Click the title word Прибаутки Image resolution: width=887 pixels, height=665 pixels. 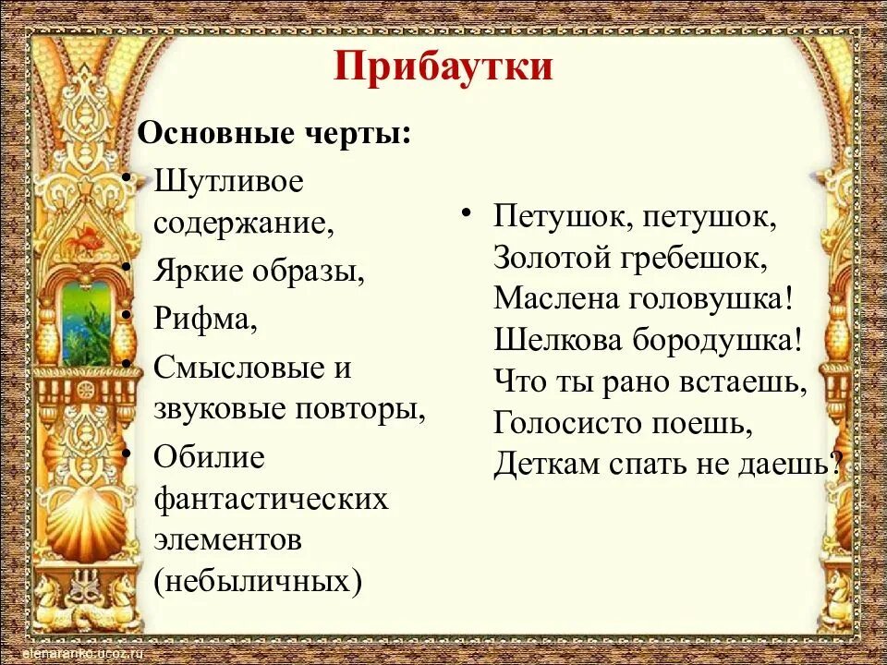(443, 67)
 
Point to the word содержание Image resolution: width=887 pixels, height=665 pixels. (243, 223)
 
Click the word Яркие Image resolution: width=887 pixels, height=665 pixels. (197, 271)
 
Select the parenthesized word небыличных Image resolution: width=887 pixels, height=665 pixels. (258, 582)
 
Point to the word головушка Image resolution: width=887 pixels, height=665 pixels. (709, 297)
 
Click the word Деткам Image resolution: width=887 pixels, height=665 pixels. (545, 463)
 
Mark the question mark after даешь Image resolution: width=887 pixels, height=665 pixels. (837, 463)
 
